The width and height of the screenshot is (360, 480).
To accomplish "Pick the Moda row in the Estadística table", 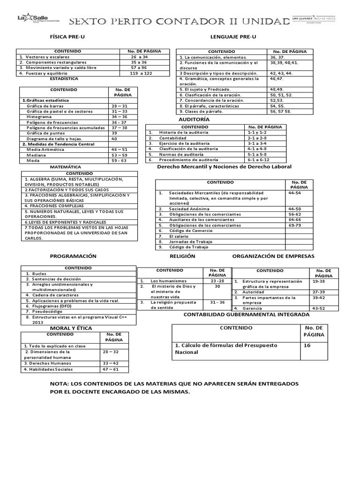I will [x=34, y=160].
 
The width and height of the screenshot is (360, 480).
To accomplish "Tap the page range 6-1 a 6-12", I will [x=258, y=160].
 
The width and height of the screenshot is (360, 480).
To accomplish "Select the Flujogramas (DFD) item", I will [x=49, y=306].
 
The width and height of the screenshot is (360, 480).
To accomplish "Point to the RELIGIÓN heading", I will [x=182, y=256].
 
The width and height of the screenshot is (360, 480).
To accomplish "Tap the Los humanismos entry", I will [x=166, y=281].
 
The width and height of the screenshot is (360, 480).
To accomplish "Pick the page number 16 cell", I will [x=308, y=345].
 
